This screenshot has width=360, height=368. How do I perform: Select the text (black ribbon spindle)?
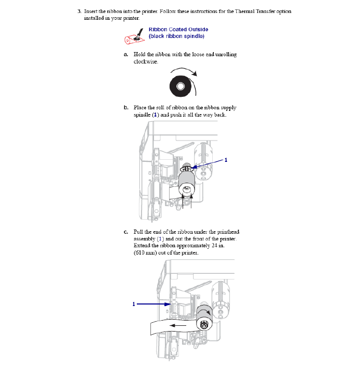coord(176,36)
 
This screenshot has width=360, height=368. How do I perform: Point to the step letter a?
coord(126,54)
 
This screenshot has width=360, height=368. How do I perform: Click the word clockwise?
coord(146,61)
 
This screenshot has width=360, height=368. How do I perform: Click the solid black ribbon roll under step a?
coord(180,85)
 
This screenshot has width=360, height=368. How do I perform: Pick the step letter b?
coord(126,108)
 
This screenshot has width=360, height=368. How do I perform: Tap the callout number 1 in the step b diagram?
coord(226,160)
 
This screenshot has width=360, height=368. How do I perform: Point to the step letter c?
coord(126,232)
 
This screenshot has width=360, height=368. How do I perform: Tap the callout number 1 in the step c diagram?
coord(134,303)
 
